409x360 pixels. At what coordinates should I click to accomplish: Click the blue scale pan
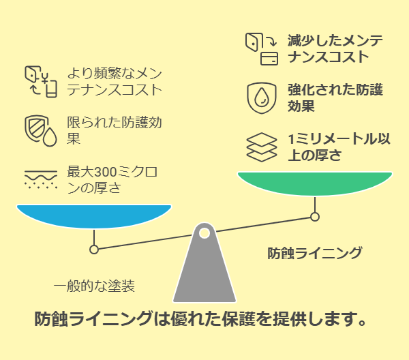point(94,216)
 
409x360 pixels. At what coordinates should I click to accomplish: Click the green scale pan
point(315,183)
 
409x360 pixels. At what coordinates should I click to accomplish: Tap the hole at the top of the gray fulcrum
point(204,233)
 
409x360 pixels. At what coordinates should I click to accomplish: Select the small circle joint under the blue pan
point(94,250)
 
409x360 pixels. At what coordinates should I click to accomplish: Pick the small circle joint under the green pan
point(315,217)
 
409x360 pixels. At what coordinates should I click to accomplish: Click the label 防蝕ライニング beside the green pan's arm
point(315,253)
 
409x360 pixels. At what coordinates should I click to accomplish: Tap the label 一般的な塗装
point(94,286)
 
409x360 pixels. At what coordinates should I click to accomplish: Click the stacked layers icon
point(262,147)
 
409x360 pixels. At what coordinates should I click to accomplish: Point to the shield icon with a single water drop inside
point(262,98)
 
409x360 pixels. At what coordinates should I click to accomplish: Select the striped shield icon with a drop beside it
point(41,131)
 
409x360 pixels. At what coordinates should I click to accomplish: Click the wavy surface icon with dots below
point(41,179)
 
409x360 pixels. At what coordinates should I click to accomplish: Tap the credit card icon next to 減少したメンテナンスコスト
point(269,59)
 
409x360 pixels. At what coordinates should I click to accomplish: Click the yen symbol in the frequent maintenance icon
point(46,78)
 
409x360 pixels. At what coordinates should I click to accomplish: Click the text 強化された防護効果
point(335,97)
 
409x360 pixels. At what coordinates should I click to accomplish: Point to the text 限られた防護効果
point(115,130)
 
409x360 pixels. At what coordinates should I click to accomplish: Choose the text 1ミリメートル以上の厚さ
point(339,147)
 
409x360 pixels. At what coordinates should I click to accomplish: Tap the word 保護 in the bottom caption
point(239,319)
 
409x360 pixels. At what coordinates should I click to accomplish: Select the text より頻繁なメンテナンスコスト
point(115,81)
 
